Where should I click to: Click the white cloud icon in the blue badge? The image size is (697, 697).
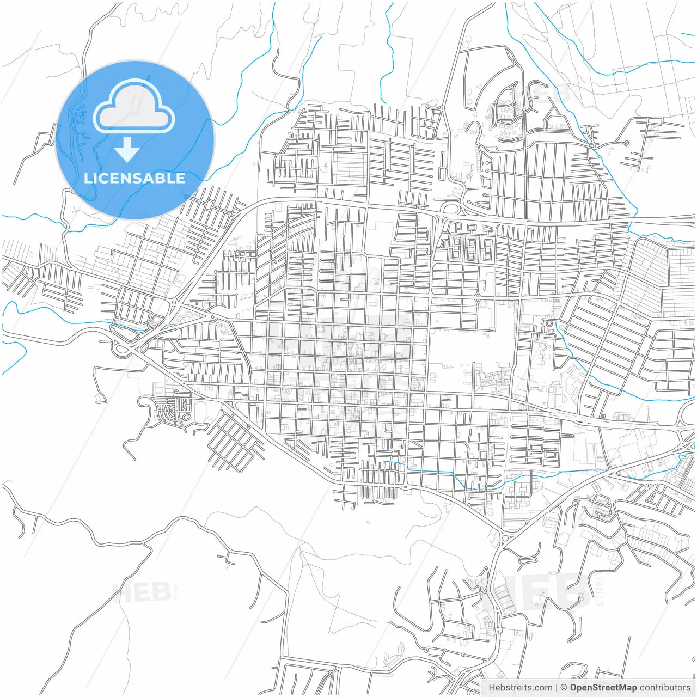134,107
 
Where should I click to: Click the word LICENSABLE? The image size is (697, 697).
134,179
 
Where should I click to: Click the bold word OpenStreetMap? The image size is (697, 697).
603,688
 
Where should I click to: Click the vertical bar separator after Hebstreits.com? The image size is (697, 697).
557,688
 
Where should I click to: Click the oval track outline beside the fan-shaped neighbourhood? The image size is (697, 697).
197,409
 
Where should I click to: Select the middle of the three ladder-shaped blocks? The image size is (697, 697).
472,249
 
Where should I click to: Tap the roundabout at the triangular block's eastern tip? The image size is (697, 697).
211,317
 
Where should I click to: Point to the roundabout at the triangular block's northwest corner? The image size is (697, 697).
174,302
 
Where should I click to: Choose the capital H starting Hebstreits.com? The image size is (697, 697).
492,688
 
